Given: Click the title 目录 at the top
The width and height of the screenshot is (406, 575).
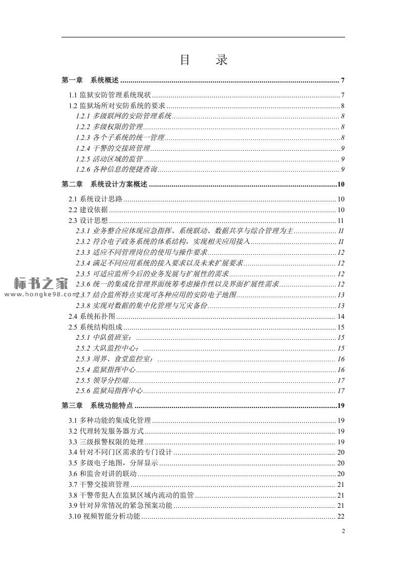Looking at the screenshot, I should (203, 60).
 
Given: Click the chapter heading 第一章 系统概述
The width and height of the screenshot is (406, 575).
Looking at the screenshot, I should (90, 80).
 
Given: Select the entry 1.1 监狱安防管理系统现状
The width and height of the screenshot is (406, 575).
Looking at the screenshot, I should (110, 95).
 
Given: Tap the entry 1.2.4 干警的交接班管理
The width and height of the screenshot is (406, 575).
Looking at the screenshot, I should (113, 148).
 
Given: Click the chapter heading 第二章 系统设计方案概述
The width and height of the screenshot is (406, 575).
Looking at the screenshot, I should (104, 184).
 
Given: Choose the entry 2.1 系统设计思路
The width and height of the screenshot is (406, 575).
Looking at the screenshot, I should (96, 199).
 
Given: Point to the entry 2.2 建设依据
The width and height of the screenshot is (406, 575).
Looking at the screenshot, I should (89, 210).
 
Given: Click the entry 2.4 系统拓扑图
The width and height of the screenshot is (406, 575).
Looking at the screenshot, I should (92, 316).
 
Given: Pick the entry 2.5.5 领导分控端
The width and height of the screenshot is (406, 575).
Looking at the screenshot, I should (102, 380).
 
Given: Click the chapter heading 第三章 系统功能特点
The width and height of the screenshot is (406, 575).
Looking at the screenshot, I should (97, 406).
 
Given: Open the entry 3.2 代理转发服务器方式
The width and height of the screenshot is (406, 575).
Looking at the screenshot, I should (106, 431).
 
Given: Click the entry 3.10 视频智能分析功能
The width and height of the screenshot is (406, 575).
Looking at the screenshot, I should (104, 516).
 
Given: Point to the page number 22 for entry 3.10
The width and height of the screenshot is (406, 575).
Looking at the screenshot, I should (340, 516).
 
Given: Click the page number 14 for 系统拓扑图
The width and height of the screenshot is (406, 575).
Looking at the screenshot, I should (340, 316).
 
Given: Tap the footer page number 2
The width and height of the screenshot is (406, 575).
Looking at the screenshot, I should (343, 531).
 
